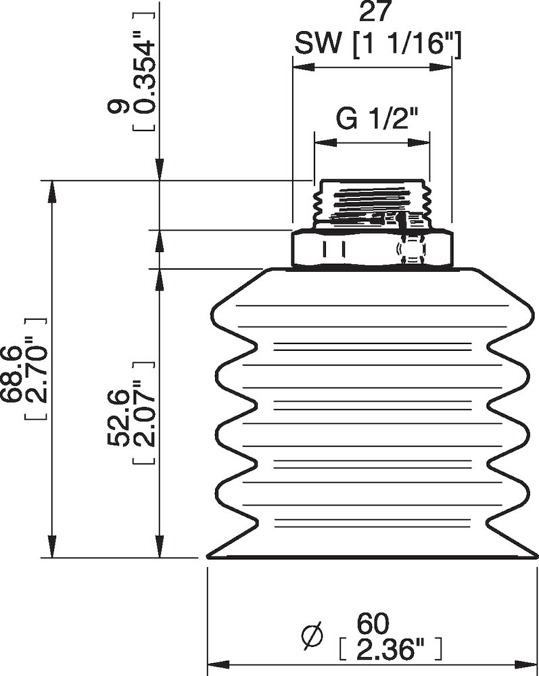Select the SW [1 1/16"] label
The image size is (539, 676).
(377, 45)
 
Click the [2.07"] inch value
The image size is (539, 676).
(142, 423)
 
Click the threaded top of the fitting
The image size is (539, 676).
(372, 200)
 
